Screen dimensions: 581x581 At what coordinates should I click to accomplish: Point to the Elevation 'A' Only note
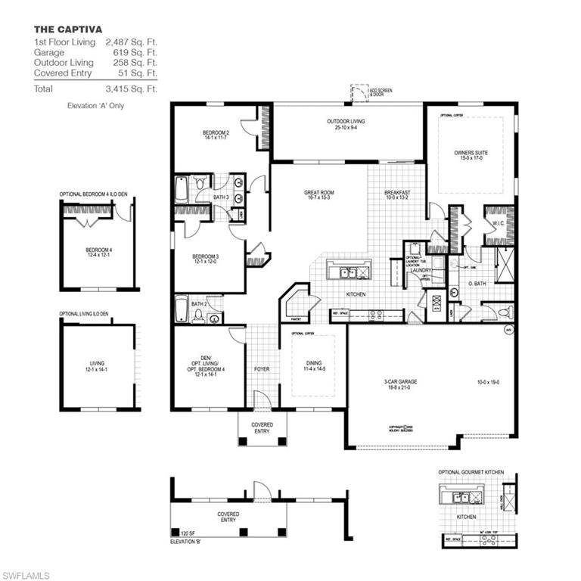(95, 106)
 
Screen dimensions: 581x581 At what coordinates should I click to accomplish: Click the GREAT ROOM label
(318, 193)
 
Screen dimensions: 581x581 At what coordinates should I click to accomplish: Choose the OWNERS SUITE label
(471, 153)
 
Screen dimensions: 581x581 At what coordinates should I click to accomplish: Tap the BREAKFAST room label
(397, 193)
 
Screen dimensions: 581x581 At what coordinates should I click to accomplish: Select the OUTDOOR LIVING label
(346, 121)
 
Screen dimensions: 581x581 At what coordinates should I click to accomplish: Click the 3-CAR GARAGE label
(400, 382)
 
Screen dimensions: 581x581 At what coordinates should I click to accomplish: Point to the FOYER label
(262, 369)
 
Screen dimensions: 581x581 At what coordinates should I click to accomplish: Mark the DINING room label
(311, 363)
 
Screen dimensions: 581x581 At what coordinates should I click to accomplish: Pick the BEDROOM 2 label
(216, 133)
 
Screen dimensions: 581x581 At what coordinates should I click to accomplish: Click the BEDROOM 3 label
(207, 257)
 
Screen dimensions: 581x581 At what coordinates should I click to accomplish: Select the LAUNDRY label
(421, 269)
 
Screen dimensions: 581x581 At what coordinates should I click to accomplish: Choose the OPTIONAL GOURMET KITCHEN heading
(471, 472)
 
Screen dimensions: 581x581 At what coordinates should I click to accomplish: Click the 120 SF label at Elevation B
(186, 533)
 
